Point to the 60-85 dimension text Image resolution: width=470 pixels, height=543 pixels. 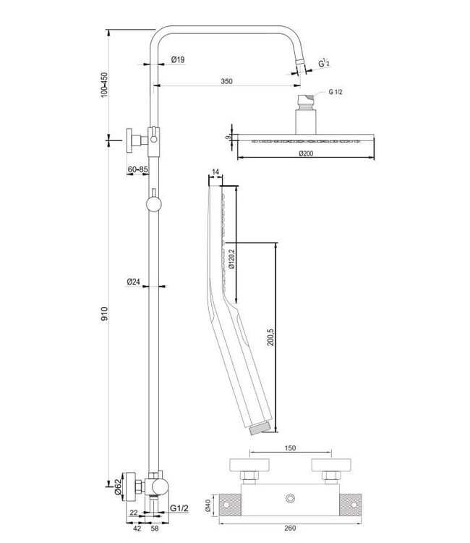(137, 169)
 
